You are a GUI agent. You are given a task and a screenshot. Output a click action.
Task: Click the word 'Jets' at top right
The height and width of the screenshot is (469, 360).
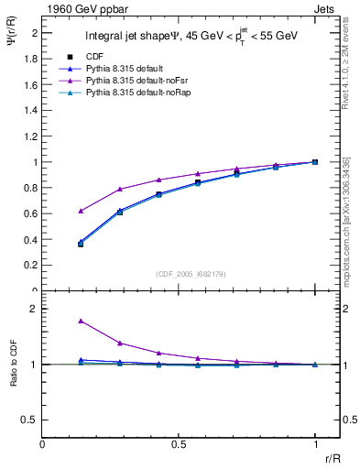coord(325,7)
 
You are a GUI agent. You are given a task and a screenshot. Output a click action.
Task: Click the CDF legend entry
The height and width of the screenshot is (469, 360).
coord(95,57)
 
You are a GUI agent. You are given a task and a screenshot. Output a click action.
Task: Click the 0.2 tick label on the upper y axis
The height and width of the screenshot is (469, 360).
coord(32,266)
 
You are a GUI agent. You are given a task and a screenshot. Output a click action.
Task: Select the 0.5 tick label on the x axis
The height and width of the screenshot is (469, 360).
coord(179,444)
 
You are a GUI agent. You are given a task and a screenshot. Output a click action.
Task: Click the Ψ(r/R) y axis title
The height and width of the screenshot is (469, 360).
coord(12,46)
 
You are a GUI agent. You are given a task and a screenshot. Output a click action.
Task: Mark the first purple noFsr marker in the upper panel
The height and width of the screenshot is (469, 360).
coord(81,211)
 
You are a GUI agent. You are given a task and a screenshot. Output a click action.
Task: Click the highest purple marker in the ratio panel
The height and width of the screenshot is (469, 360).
coord(81,322)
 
